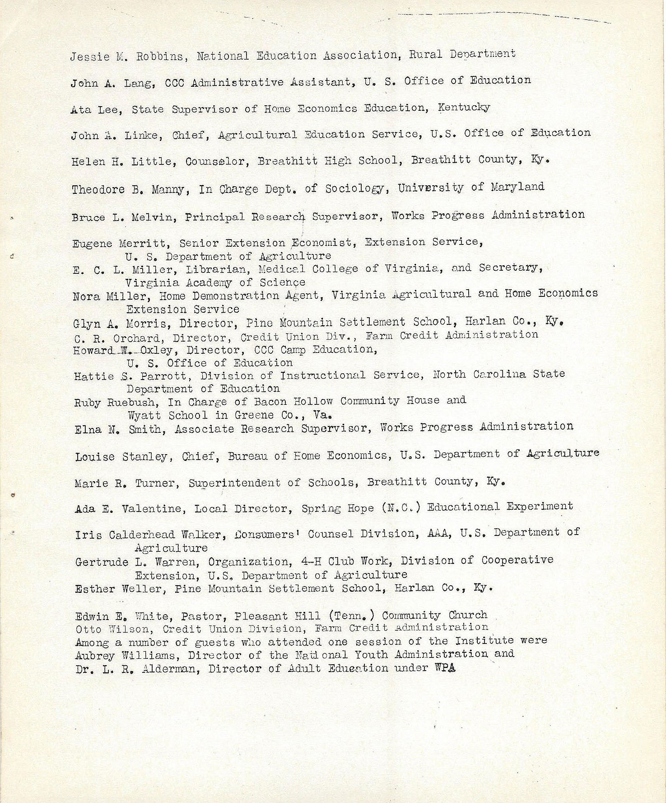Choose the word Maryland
point(518,187)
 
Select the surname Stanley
point(147,457)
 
